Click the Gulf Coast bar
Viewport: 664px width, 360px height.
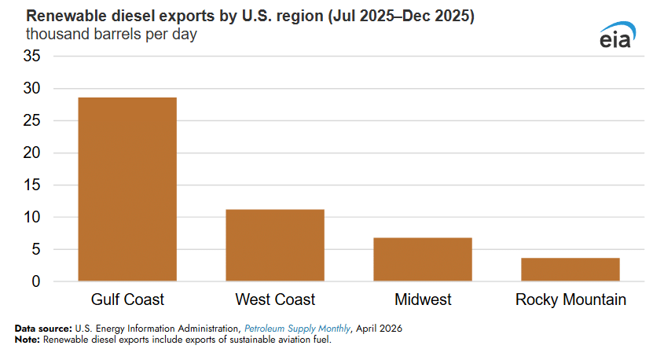click(x=127, y=189)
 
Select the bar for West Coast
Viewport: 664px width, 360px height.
click(x=275, y=245)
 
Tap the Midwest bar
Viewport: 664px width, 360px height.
click(x=423, y=259)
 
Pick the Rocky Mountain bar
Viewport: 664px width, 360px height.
click(x=570, y=270)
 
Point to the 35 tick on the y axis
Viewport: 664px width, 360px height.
click(x=31, y=56)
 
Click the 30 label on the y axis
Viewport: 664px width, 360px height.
click(x=31, y=88)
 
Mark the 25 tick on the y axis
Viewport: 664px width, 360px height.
click(x=31, y=121)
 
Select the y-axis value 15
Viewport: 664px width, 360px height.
click(x=31, y=185)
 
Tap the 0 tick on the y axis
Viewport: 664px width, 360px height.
click(x=36, y=281)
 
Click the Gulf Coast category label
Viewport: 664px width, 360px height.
click(x=127, y=299)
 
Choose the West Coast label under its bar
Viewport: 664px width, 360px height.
click(x=275, y=299)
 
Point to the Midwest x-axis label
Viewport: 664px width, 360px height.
click(x=423, y=299)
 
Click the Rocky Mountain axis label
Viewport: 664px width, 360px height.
click(x=570, y=299)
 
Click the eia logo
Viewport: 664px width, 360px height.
click(x=618, y=35)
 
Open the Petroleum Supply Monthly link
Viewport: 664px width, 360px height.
click(x=297, y=329)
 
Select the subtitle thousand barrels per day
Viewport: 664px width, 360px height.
click(x=112, y=35)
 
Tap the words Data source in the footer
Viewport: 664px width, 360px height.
click(x=43, y=329)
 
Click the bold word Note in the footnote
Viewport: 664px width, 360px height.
click(x=28, y=340)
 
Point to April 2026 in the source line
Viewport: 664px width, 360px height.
click(x=379, y=329)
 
